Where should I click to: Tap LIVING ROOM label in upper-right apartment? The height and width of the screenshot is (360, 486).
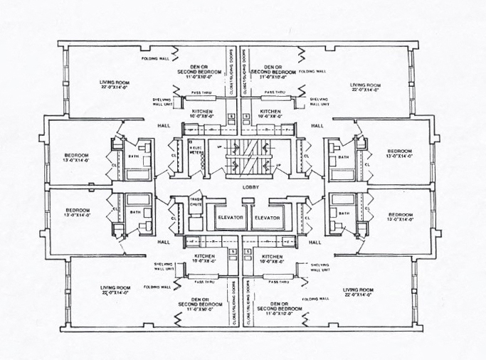point(366,87)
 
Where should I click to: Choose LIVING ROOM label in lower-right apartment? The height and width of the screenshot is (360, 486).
point(358,292)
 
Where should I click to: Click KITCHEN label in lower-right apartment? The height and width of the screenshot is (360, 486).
point(273,258)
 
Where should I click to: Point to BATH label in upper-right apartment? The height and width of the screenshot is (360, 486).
point(344,157)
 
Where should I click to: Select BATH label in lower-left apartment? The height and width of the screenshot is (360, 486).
point(134,211)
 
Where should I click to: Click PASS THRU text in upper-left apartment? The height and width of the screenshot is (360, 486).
point(205,92)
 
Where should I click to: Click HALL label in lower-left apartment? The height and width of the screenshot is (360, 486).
point(163,242)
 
